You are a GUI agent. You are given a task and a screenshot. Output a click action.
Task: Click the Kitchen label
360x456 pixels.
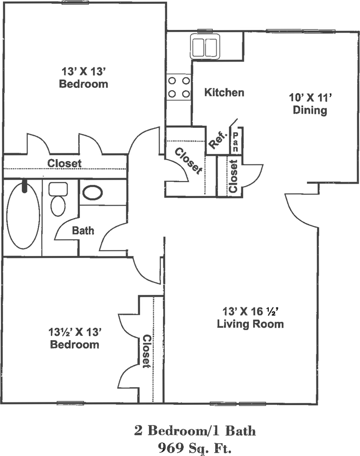pyautogui.click(x=224, y=93)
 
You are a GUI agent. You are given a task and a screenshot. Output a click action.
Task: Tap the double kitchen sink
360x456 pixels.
pyautogui.click(x=205, y=46)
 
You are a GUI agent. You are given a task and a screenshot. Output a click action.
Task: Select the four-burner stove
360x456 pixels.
pyautogui.click(x=179, y=87)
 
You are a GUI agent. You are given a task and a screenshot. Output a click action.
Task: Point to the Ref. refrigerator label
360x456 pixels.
pyautogui.click(x=218, y=140)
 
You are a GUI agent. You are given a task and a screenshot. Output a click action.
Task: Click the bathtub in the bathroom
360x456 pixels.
pyautogui.click(x=23, y=215)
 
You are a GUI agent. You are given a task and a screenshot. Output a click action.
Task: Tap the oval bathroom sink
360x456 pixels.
pyautogui.click(x=93, y=192)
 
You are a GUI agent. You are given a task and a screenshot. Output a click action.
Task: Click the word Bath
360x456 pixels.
pyautogui.click(x=83, y=231)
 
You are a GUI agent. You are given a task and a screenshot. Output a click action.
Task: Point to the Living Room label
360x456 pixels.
pyautogui.click(x=250, y=324)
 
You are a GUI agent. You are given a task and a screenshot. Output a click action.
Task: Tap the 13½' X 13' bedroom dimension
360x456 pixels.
pyautogui.click(x=75, y=332)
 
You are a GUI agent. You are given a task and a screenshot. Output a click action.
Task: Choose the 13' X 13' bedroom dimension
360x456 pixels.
pyautogui.click(x=83, y=71)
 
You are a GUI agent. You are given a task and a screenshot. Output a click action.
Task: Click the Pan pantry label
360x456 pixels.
pyautogui.click(x=235, y=142)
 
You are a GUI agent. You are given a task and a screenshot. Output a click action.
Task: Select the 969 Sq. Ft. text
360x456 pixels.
pyautogui.click(x=195, y=447)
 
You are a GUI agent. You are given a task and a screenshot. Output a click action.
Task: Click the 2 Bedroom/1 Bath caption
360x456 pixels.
pyautogui.click(x=195, y=431)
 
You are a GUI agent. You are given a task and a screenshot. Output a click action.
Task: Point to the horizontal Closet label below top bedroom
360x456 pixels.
pyautogui.click(x=65, y=163)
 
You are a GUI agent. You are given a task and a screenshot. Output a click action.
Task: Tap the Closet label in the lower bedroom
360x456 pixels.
pyautogui.click(x=146, y=351)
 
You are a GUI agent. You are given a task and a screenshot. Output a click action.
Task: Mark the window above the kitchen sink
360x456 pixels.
pyautogui.click(x=205, y=31)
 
